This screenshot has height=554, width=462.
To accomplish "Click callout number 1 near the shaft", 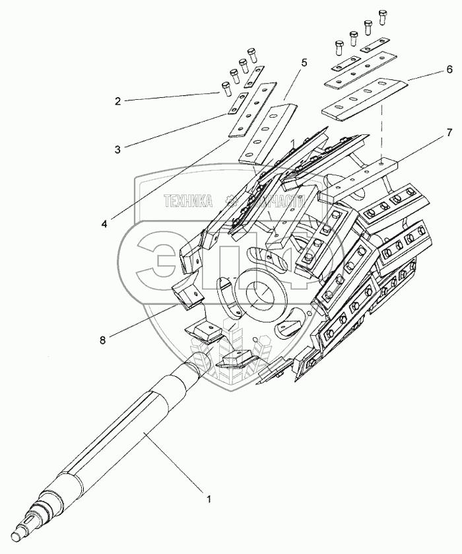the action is click(209, 499).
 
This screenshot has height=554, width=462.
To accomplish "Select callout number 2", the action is click(117, 101).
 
